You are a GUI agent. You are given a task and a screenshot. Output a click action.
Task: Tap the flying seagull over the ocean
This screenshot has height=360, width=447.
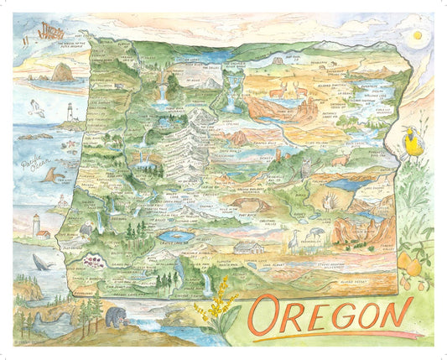point(36,107)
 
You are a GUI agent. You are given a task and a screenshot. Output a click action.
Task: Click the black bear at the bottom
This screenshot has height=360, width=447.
point(115,317)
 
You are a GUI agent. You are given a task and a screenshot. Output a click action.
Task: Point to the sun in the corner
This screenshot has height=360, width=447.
point(418,37)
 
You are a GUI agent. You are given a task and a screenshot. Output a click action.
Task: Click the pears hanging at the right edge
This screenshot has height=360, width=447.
point(410,269)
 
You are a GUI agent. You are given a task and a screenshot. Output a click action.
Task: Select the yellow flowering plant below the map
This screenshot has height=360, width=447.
point(216,310)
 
